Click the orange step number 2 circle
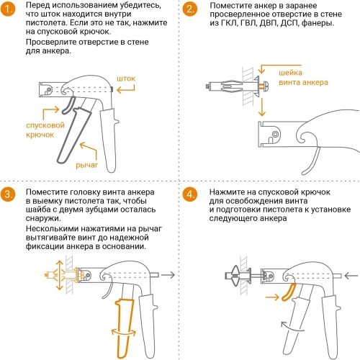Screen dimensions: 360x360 (x=189, y=9)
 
